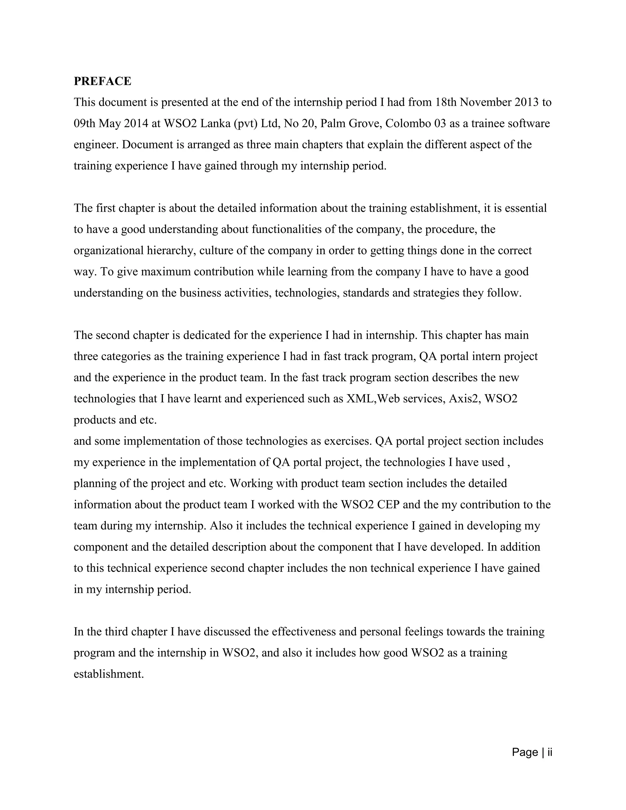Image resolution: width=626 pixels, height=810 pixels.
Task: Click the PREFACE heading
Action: (102, 81)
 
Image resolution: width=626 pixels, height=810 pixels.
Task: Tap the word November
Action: (485, 102)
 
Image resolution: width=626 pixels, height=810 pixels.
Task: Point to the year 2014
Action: (136, 123)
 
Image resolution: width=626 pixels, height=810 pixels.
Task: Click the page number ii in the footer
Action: (550, 752)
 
